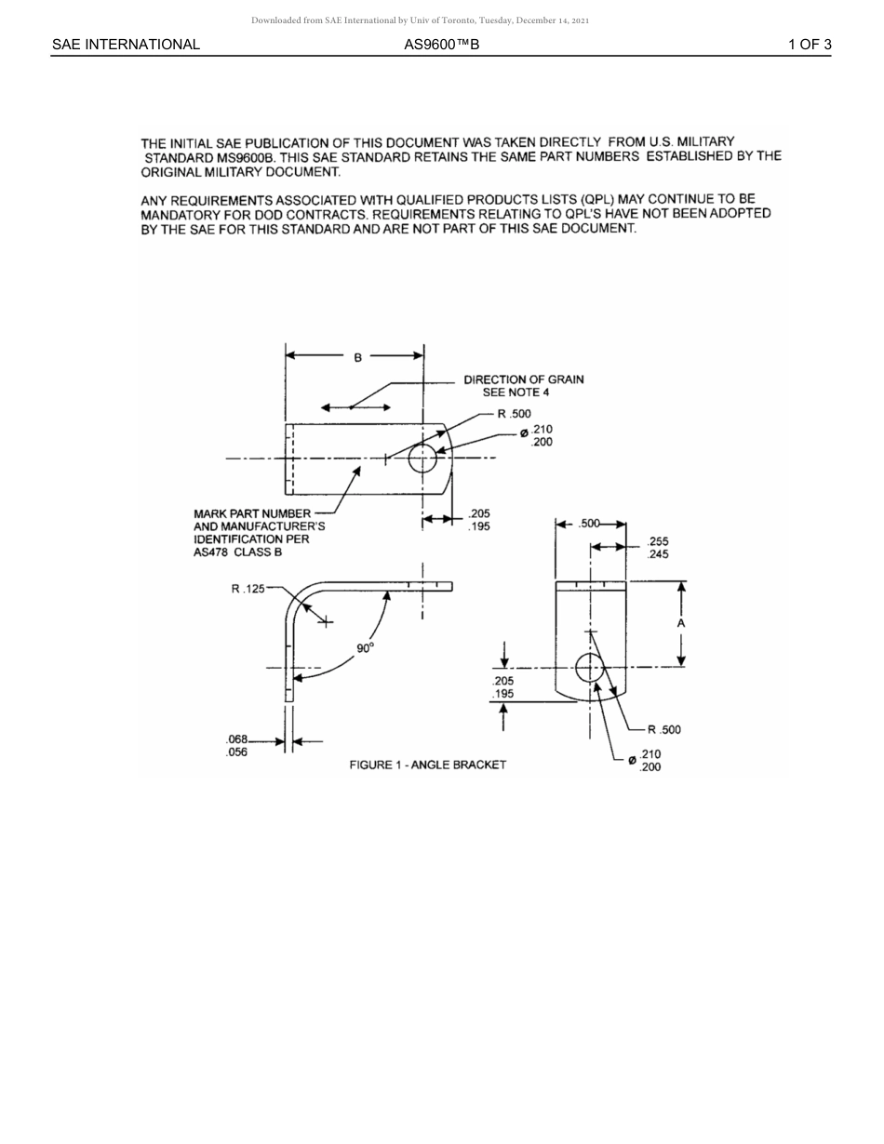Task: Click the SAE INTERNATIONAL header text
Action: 126,44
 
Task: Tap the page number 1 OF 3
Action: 810,44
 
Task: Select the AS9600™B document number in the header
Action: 442,44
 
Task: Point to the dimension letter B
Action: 357,356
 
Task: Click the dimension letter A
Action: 681,623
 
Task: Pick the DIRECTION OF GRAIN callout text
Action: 524,379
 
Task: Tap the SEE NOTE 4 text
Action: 516,392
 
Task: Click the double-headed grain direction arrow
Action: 355,407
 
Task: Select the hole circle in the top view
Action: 422,458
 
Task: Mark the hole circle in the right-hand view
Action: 589,667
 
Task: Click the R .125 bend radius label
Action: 248,589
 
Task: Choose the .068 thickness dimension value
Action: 236,739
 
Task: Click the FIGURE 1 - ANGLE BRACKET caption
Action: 428,765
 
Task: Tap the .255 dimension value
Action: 658,541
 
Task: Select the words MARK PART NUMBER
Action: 252,513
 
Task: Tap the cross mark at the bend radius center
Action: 326,621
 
